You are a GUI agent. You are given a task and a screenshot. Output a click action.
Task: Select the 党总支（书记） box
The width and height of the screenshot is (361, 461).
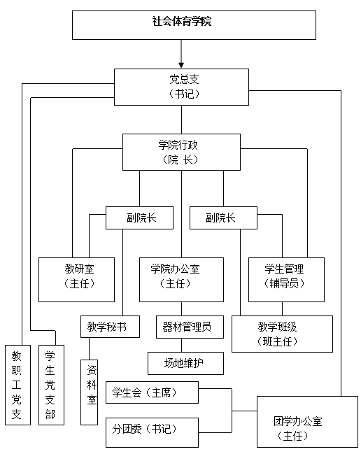click(181, 86)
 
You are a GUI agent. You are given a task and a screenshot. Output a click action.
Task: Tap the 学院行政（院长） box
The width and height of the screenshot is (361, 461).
click(181, 152)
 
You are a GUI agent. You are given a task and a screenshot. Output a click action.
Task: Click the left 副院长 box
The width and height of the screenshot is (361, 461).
click(140, 218)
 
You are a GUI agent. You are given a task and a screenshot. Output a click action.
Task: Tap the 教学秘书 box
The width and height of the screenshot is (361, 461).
click(107, 327)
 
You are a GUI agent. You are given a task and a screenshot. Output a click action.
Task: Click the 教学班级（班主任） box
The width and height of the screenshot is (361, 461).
click(282, 334)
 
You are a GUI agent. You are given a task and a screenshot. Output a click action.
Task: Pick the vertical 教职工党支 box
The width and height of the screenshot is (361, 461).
click(17, 385)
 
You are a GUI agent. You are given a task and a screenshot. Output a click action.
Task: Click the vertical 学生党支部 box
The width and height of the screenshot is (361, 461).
click(50, 385)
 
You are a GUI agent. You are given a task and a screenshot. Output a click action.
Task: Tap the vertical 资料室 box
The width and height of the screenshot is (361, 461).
click(90, 392)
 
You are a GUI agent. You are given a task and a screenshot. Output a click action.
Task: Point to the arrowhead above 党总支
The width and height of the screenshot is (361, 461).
click(181, 64)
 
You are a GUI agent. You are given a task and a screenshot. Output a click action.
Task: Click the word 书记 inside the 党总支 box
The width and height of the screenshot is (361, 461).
click(184, 93)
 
